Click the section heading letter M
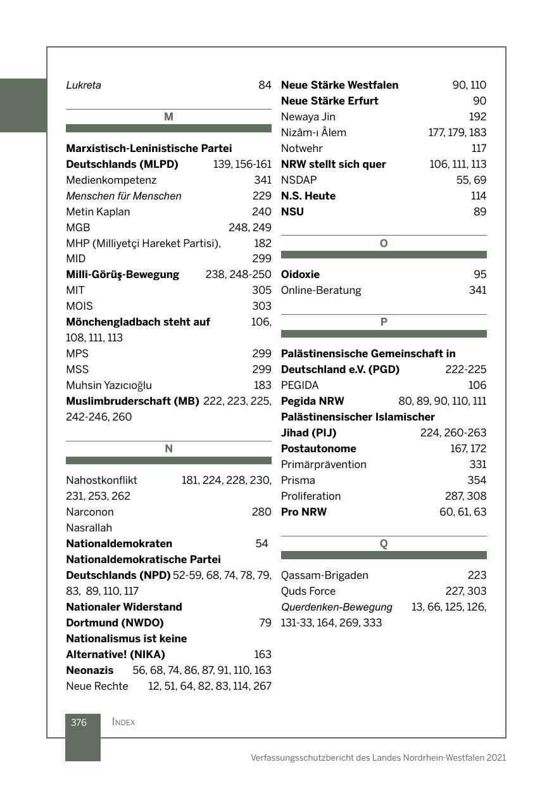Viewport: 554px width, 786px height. tap(168, 117)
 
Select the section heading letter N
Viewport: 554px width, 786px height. tap(168, 448)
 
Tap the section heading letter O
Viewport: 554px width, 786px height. tap(384, 243)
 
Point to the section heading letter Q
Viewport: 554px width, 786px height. tap(384, 543)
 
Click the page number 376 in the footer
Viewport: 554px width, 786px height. tap(79, 722)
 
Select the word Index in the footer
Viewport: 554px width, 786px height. tap(123, 722)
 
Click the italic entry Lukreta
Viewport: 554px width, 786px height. tap(84, 85)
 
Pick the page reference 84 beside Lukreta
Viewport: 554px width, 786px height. tap(265, 85)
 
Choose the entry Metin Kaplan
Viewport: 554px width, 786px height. tap(98, 212)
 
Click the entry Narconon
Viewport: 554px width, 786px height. tap(90, 512)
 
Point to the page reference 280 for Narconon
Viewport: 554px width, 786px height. tap(261, 512)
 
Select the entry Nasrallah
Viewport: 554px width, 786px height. tap(89, 528)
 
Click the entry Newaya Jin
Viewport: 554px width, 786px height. tap(308, 117)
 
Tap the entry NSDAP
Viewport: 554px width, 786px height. tap(299, 180)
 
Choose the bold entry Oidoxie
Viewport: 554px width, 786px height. tap(300, 274)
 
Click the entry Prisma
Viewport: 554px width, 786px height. tap(298, 480)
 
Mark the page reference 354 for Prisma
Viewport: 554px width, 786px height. tap(477, 480)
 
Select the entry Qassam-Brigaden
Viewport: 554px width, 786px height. tap(324, 575)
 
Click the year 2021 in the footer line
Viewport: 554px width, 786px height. tap(496, 757)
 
